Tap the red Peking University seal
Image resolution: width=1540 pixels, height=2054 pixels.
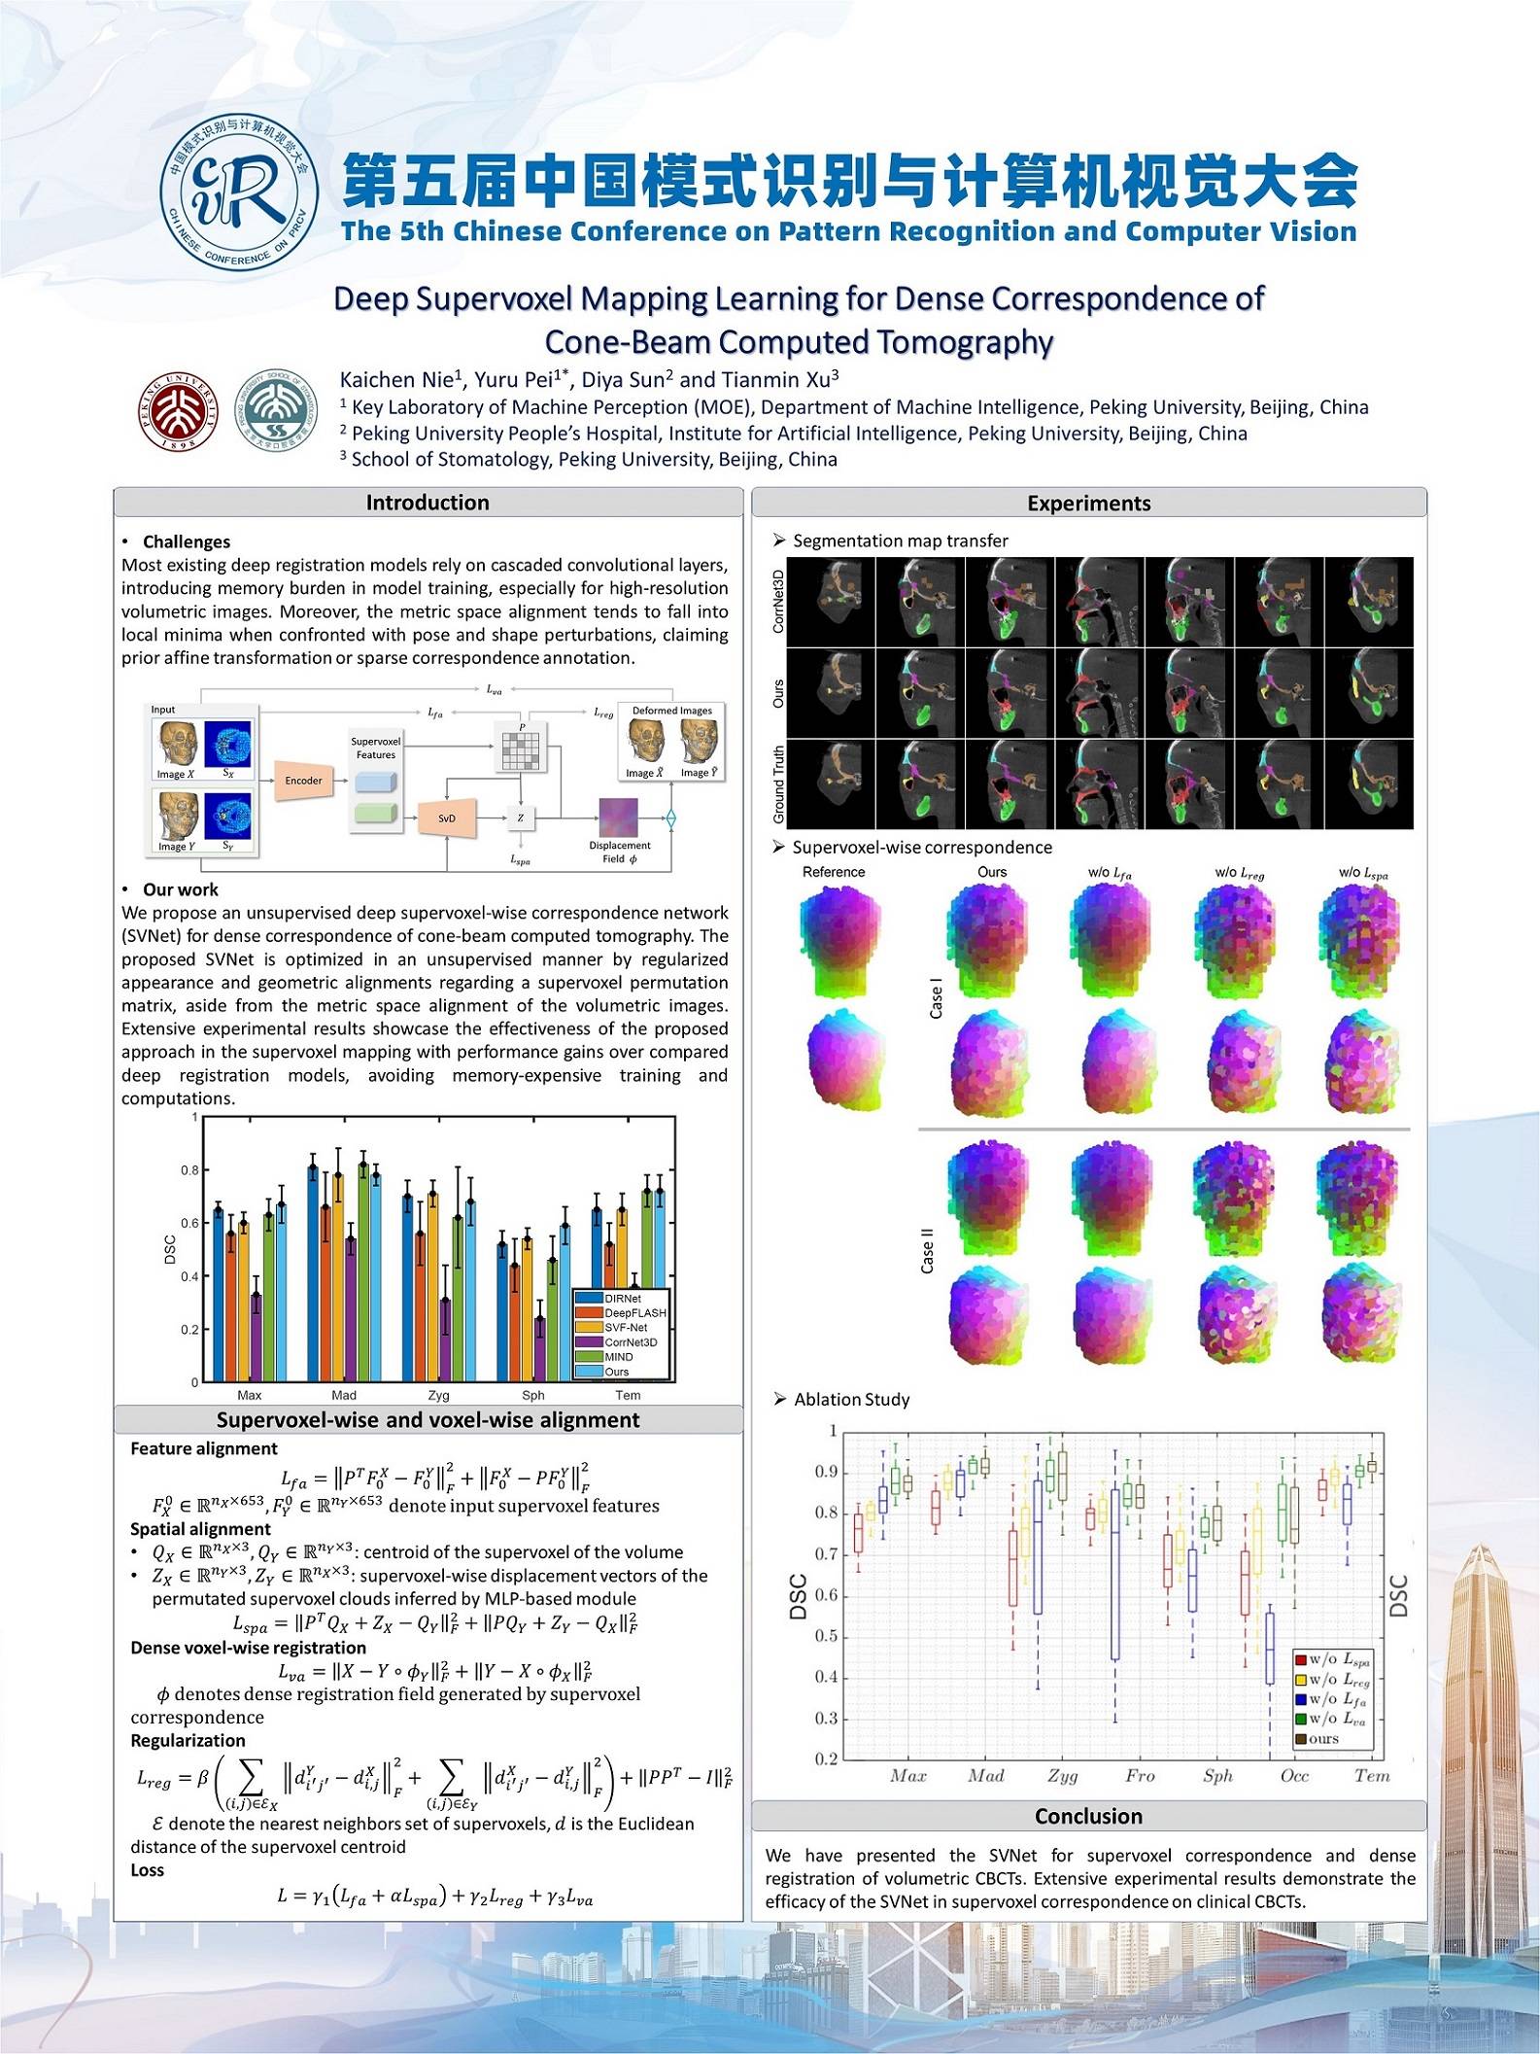tap(178, 410)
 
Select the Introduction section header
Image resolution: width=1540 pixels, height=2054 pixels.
tap(428, 503)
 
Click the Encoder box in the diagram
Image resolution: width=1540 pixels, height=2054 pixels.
tap(303, 781)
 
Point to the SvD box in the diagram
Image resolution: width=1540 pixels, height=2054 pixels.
tap(446, 818)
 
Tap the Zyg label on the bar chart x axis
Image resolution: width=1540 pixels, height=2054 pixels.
tap(439, 1395)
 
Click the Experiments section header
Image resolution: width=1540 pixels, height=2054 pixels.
tap(1088, 504)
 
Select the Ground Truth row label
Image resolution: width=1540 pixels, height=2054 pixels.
tap(778, 784)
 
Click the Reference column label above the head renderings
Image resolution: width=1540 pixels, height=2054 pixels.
tap(834, 872)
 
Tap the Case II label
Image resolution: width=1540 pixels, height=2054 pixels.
tap(927, 1250)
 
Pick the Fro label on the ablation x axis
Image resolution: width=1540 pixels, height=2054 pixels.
tap(1140, 1775)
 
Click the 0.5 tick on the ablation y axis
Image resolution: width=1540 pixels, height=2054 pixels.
tap(826, 1636)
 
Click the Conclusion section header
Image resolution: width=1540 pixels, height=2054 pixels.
tap(1088, 1816)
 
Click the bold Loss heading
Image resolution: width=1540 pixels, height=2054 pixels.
tap(148, 1869)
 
